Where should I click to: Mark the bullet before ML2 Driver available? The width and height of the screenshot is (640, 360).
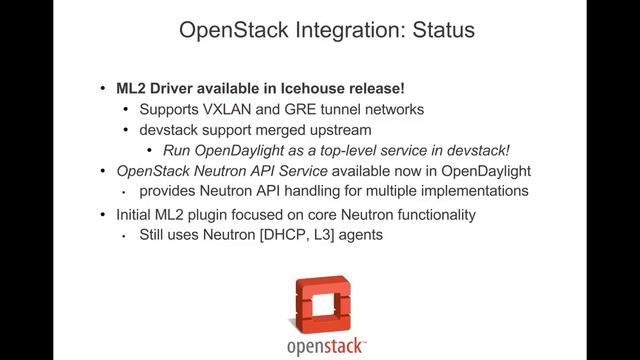point(107,89)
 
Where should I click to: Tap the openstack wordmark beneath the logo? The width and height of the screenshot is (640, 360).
point(320,345)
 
